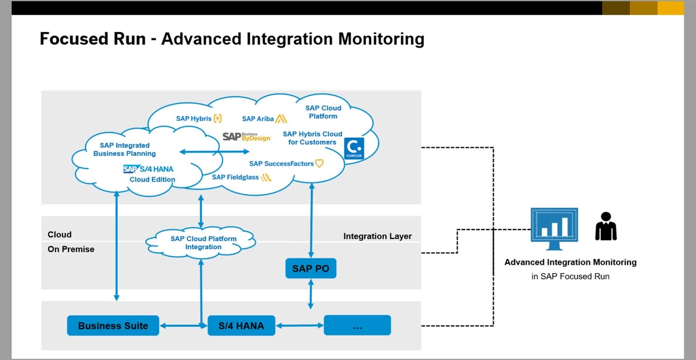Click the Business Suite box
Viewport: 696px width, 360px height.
(113, 326)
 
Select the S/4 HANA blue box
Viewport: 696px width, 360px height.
(241, 326)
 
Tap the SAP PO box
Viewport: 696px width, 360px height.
(310, 269)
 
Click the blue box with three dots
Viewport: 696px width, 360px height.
(357, 326)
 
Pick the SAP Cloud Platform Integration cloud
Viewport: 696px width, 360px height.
(203, 243)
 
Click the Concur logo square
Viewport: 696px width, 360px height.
(354, 148)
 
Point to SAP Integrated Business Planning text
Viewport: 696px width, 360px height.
(125, 150)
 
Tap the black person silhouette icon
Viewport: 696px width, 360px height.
(606, 226)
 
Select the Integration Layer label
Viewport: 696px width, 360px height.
(377, 237)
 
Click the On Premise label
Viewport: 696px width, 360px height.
(71, 249)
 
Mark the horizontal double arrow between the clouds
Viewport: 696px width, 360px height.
(214, 152)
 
